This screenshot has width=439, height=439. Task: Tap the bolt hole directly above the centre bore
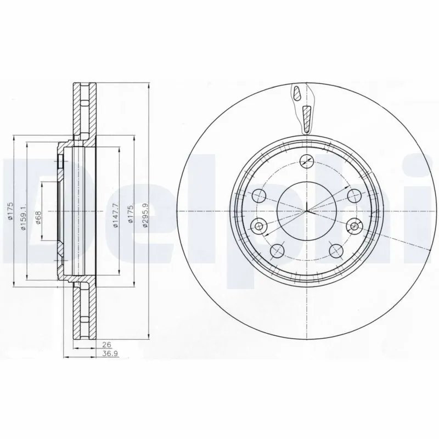pyautogui.click(x=306, y=160)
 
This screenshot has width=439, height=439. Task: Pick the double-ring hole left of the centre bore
pyautogui.click(x=260, y=225)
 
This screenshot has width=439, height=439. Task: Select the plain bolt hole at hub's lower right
pyautogui.click(x=335, y=250)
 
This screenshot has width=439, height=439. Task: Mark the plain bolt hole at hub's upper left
pyautogui.click(x=260, y=195)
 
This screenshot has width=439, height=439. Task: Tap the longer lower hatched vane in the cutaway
pyautogui.click(x=306, y=117)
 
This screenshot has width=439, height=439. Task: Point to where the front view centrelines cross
pyautogui.click(x=307, y=211)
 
